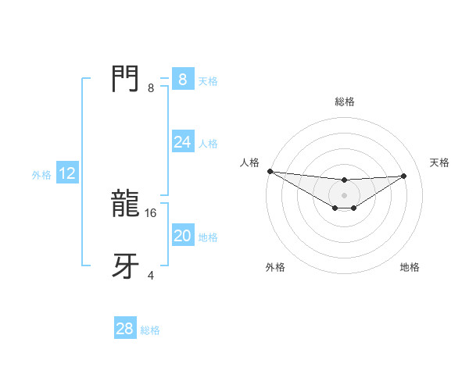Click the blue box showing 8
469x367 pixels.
coord(182,80)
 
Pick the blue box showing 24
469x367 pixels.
coord(182,142)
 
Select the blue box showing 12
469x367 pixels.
coord(67,174)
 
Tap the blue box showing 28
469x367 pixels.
coord(124,329)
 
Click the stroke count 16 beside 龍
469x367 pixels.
coord(152,212)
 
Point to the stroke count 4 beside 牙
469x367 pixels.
coord(151,275)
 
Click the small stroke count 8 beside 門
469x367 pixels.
coord(151,88)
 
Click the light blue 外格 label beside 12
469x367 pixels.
coord(41,175)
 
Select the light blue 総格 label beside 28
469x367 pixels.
coord(150,330)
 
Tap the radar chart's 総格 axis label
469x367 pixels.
coord(344,102)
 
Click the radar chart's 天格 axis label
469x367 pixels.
coord(439,162)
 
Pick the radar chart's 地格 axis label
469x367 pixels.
coord(410,267)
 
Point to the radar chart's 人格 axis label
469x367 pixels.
coord(249,162)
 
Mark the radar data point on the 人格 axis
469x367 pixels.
coord(270,171)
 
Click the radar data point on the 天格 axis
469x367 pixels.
coord(404,176)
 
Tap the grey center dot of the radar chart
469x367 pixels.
coord(344,195)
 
